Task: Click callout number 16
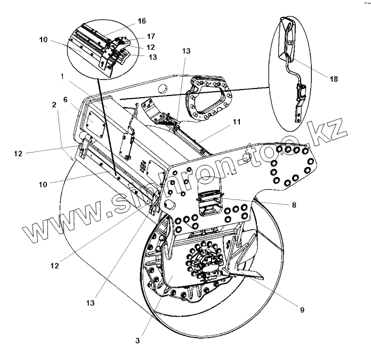[x=141, y=21]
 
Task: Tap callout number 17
[x=151, y=37]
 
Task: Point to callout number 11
[x=236, y=122]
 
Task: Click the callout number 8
[x=294, y=204]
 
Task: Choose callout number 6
[x=65, y=100]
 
